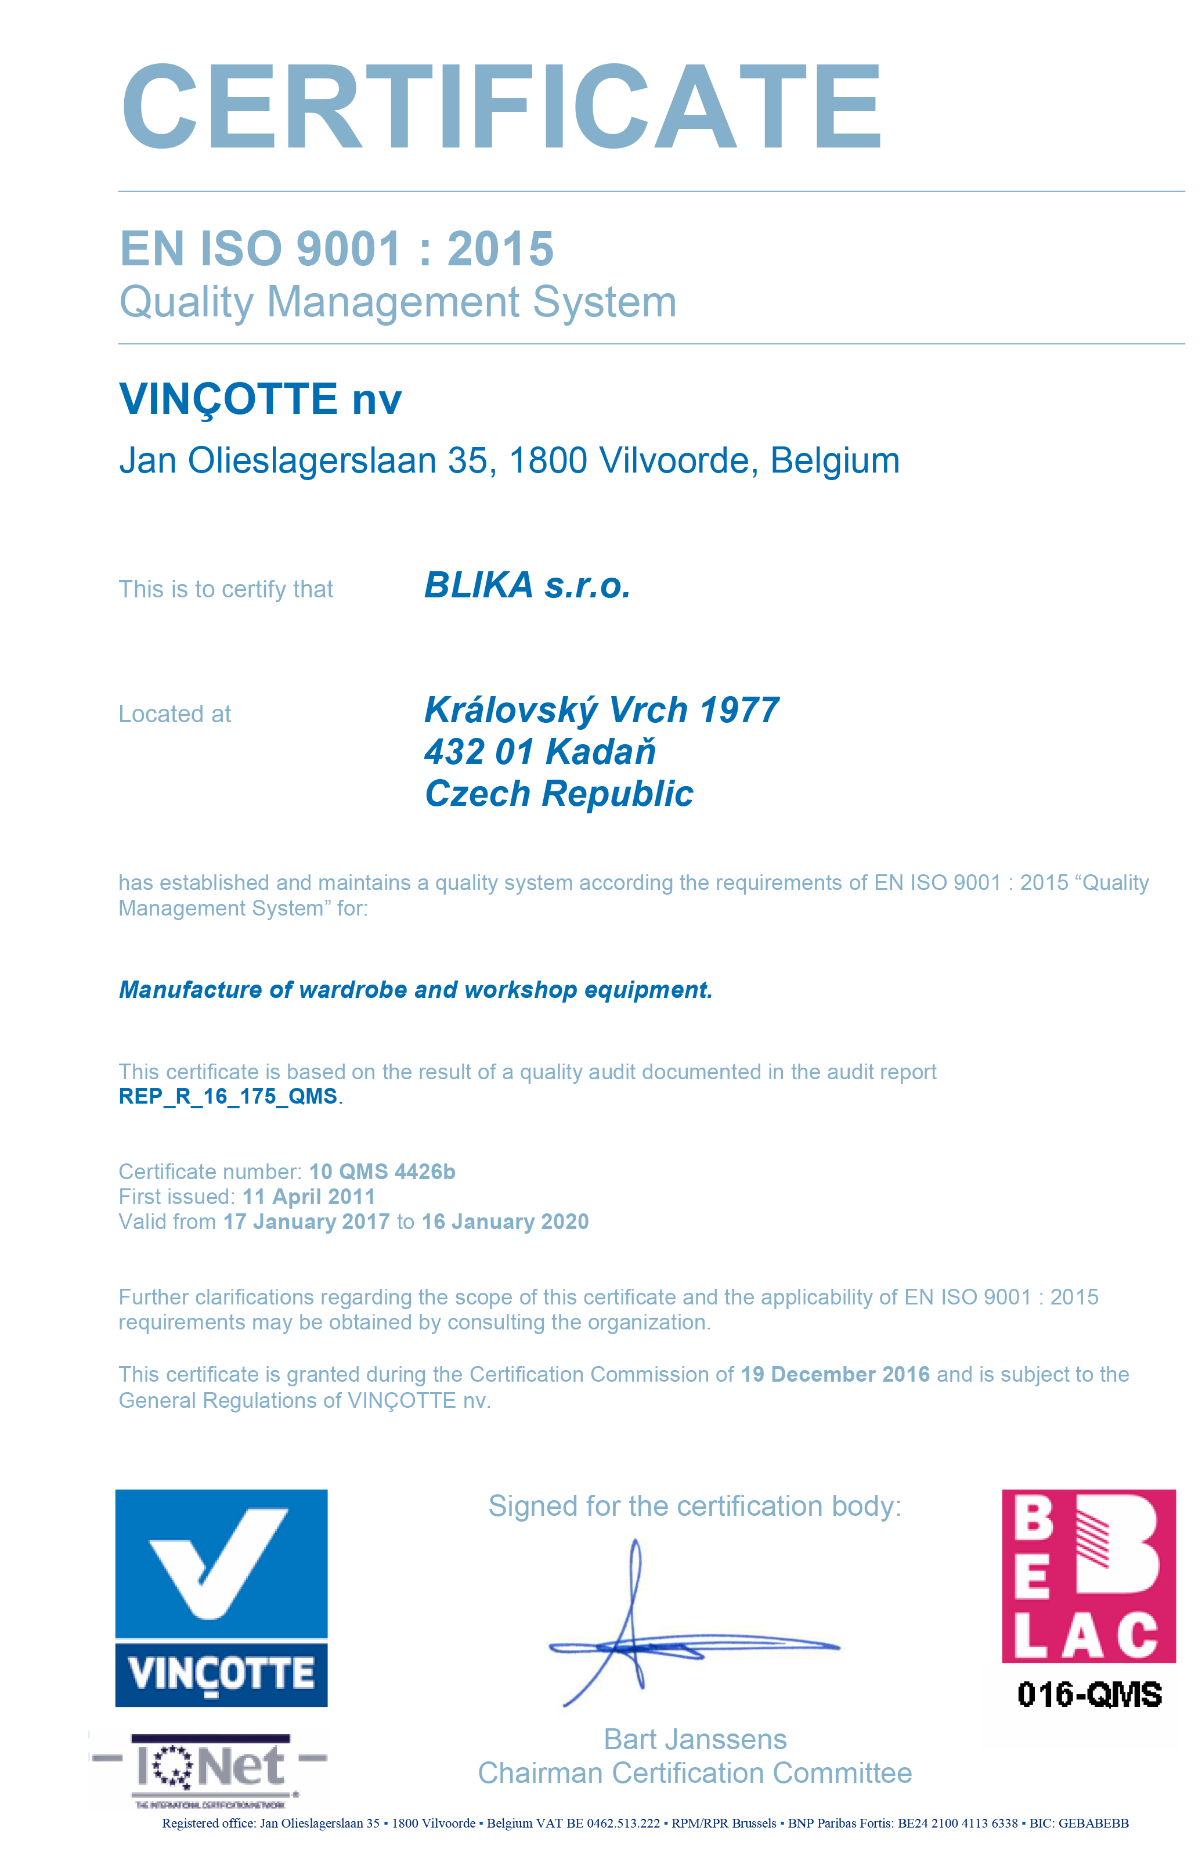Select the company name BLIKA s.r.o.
[527, 585]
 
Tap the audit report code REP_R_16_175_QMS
[228, 1097]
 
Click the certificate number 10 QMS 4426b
[382, 1172]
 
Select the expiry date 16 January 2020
[505, 1221]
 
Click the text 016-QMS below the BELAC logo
[1089, 1695]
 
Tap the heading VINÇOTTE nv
[260, 399]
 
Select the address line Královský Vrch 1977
[601, 710]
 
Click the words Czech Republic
[559, 794]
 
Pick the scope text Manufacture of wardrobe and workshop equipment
[415, 990]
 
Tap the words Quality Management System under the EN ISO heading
[398, 302]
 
